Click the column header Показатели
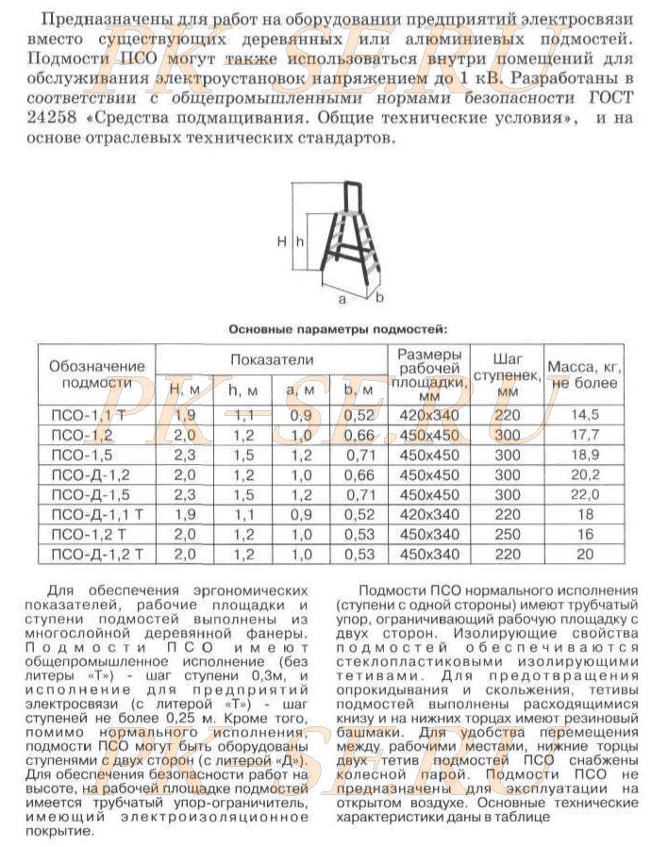point(270,359)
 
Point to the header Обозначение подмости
point(97,374)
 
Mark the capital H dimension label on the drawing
point(282,241)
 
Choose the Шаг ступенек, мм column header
point(508,374)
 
